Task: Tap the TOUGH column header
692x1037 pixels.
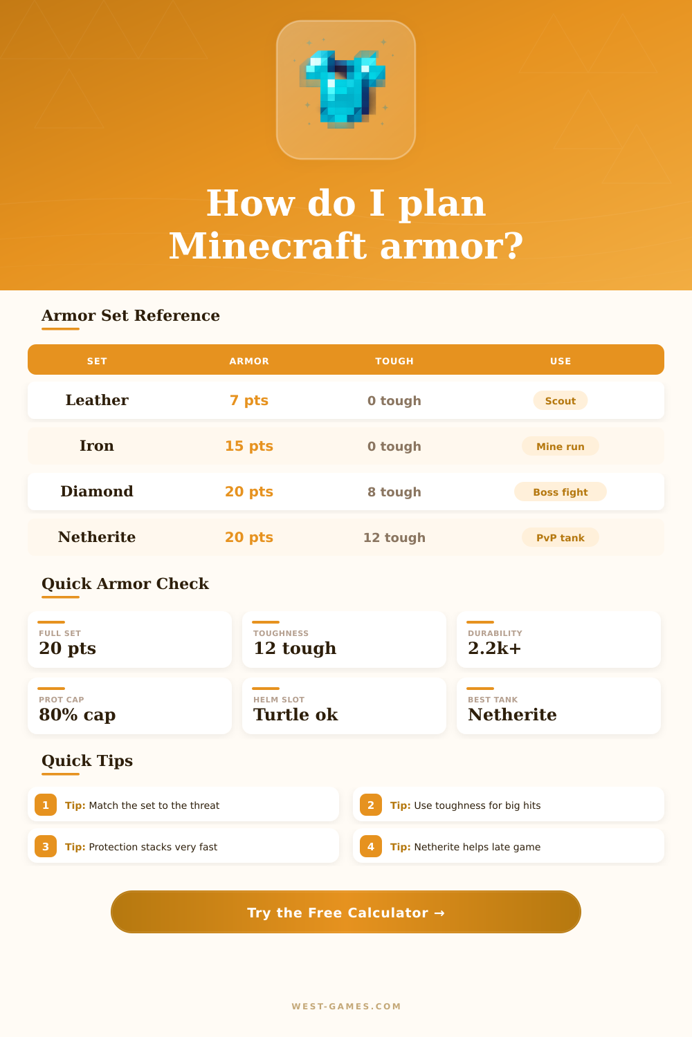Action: coord(394,361)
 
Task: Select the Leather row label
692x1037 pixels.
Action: coord(97,400)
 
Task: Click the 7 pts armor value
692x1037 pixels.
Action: coord(249,400)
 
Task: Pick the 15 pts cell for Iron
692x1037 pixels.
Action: coord(249,446)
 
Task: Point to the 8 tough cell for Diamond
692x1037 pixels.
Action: coord(394,492)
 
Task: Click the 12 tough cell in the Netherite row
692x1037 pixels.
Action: coord(394,537)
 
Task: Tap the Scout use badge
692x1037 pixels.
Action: coord(561,400)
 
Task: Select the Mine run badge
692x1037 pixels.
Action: coord(561,446)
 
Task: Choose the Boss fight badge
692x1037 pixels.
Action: coord(561,492)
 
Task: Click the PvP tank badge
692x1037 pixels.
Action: coord(561,537)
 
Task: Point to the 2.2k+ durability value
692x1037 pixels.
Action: coord(495,648)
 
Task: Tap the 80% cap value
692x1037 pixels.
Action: coord(78,715)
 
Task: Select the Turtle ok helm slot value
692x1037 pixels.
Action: coord(295,715)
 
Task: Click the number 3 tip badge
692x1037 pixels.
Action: coord(46,846)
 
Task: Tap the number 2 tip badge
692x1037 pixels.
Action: coord(371,805)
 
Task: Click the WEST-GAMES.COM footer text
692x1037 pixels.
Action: coord(346,1007)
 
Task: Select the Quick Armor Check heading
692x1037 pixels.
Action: coord(125,583)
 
